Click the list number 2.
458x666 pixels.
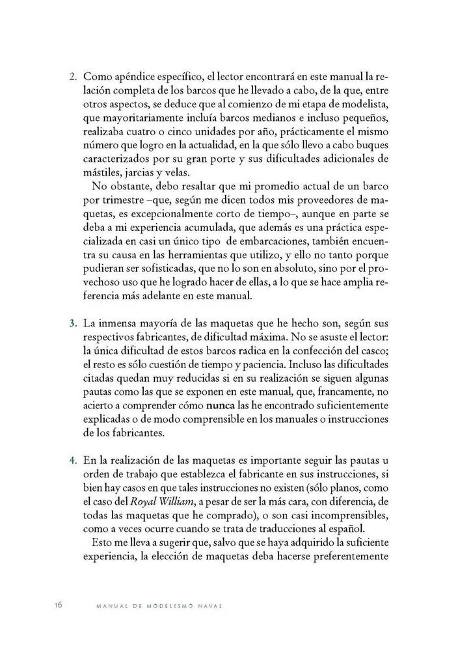tap(73, 77)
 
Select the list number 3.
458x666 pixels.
tap(73, 324)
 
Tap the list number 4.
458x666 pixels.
tap(73, 460)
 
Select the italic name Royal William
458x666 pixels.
tap(161, 501)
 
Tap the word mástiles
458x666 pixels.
tap(103, 172)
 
